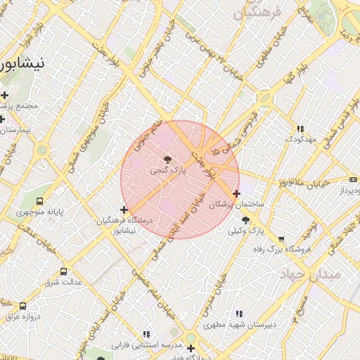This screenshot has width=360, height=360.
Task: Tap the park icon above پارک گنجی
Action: click(167, 160)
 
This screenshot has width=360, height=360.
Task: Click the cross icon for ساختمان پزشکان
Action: click(236, 193)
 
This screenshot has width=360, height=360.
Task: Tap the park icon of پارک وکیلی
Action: click(245, 220)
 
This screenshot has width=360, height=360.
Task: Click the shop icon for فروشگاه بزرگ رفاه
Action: click(282, 239)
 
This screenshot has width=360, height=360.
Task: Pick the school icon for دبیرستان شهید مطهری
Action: click(239, 314)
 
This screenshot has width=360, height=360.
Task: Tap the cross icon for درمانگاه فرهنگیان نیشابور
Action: click(124, 210)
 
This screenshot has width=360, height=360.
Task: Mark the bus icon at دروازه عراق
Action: click(22, 306)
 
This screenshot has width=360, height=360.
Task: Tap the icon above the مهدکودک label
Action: click(301, 129)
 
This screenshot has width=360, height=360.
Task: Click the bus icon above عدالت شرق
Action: click(64, 271)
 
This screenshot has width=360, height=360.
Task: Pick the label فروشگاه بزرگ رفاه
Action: click(282, 250)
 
